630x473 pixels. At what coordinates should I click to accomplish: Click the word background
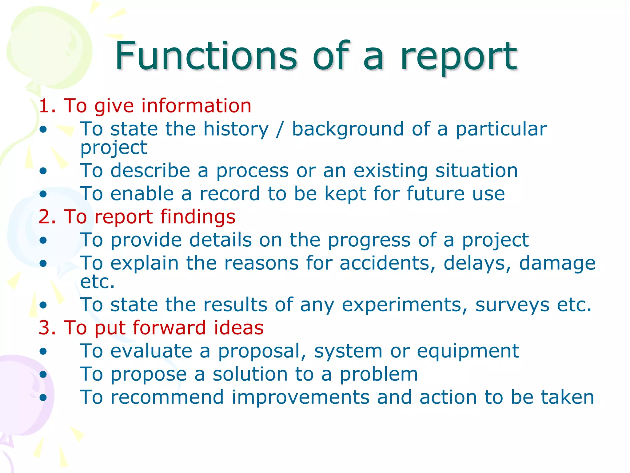click(348, 129)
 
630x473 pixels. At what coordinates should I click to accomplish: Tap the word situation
click(476, 171)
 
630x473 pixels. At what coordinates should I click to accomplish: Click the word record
click(230, 194)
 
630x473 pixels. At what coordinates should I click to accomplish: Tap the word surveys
click(512, 305)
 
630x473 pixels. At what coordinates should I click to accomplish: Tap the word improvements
click(301, 397)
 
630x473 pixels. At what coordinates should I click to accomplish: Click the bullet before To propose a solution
click(43, 374)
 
